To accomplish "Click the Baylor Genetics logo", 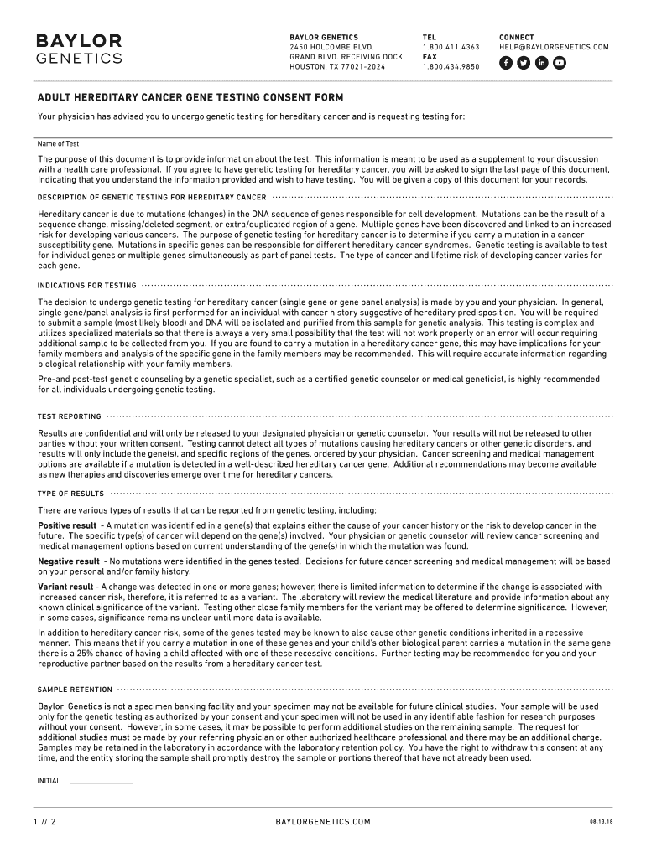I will coord(78,49).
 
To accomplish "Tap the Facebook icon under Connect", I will coord(506,63).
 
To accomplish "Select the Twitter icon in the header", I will coord(524,63).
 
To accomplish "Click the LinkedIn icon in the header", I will coord(542,63).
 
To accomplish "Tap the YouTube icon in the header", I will coord(560,63).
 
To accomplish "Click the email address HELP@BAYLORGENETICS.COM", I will coord(554,48).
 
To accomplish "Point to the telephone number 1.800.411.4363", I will coord(451,48).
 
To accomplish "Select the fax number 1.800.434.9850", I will coord(451,67).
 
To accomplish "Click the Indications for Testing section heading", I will coord(86,286).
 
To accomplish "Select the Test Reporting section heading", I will coord(69,416).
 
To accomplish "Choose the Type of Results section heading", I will coord(70,494).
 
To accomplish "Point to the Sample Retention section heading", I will coord(75,690).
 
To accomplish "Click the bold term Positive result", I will coord(66,525).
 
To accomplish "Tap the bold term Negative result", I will coord(68,561).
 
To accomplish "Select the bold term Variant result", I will coord(65,587).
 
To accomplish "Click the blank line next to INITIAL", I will coord(101,781).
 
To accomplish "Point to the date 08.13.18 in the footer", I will coord(601,822).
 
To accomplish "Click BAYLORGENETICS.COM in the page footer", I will coord(323,822).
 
